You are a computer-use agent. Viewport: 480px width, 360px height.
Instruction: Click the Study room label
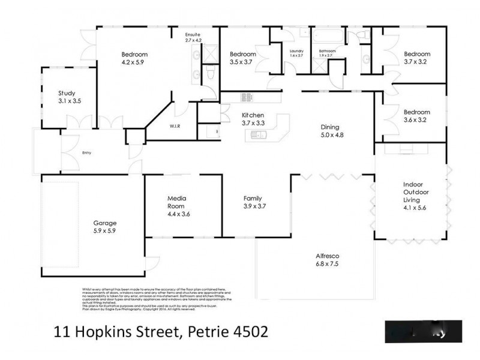tap(67, 97)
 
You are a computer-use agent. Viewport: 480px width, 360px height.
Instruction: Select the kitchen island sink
tap(259, 136)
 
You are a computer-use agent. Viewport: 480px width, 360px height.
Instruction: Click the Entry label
tap(88, 153)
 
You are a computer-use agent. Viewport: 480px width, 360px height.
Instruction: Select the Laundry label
tap(296, 51)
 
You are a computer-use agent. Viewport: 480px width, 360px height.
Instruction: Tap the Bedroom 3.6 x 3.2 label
tap(416, 115)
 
